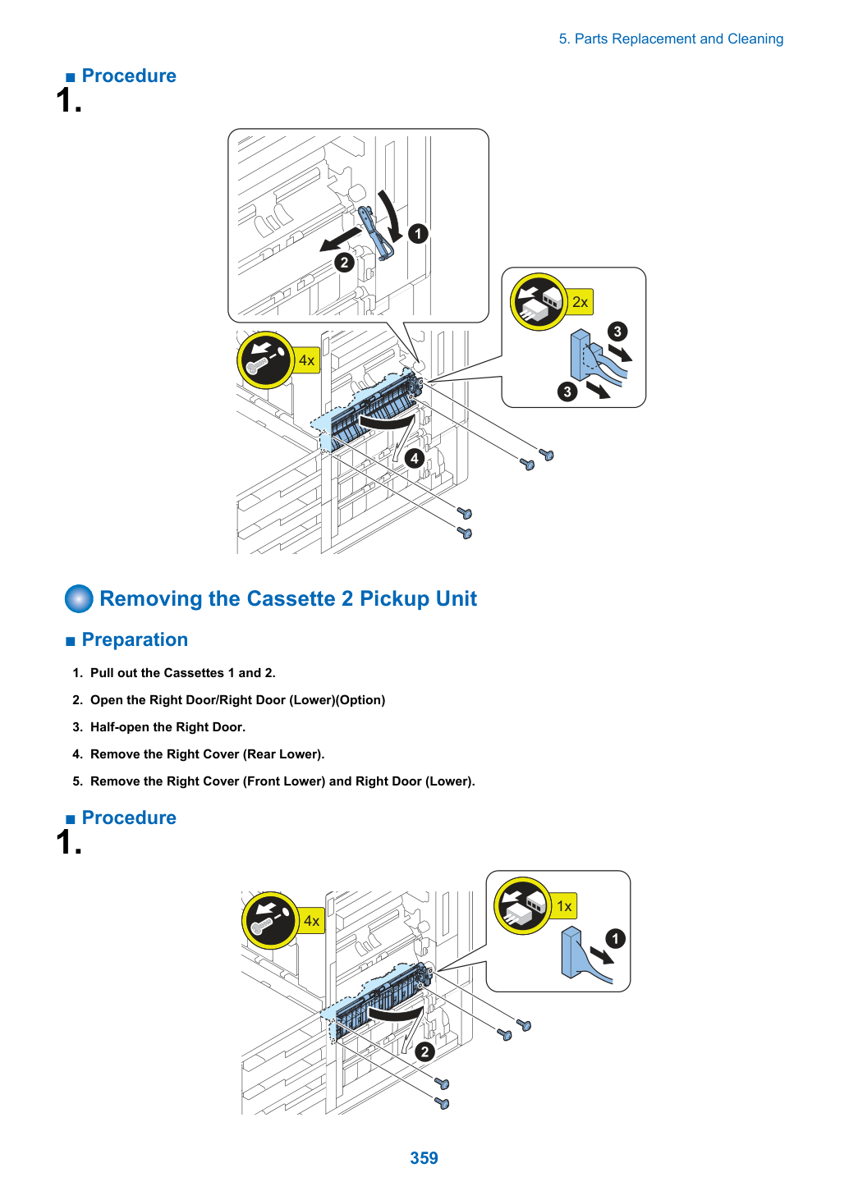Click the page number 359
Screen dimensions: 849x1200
[424, 1157]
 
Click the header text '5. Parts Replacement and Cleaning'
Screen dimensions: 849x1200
[671, 39]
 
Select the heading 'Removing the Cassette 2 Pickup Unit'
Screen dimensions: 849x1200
[288, 598]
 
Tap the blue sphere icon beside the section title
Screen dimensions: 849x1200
[79, 598]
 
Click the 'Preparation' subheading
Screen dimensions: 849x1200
[135, 639]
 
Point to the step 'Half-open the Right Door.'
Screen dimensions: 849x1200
[168, 727]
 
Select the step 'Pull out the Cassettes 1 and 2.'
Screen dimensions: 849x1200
[183, 673]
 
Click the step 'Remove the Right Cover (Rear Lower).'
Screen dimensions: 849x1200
[208, 754]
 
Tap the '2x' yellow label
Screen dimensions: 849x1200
[580, 301]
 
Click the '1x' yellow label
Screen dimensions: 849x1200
[564, 906]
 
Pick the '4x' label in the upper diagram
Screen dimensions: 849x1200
[306, 360]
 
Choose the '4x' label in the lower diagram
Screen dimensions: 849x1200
[311, 920]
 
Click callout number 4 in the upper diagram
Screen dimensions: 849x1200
[415, 459]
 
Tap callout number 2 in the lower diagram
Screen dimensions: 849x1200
[425, 1051]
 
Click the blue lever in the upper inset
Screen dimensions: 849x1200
[376, 233]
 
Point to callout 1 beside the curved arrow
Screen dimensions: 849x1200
[418, 234]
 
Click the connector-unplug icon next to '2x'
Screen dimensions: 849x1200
[539, 301]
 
